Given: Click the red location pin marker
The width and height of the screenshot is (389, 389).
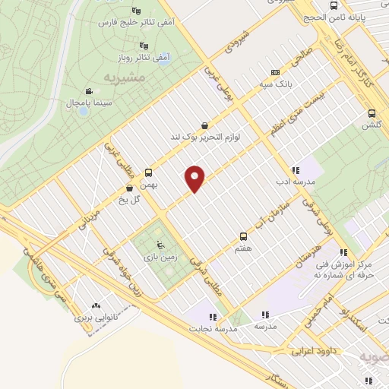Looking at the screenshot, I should [x=196, y=179].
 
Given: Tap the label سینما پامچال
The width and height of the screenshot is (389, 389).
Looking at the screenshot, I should [x=68, y=102].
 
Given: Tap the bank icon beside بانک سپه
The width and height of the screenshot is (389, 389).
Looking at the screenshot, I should [x=274, y=74].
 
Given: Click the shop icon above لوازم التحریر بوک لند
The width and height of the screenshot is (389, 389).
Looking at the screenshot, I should [x=204, y=126].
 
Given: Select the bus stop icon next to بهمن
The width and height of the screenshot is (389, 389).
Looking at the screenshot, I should [x=148, y=172].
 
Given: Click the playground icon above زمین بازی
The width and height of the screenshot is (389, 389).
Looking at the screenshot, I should [x=159, y=244].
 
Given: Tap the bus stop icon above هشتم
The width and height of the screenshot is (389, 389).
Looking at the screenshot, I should [x=243, y=236].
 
